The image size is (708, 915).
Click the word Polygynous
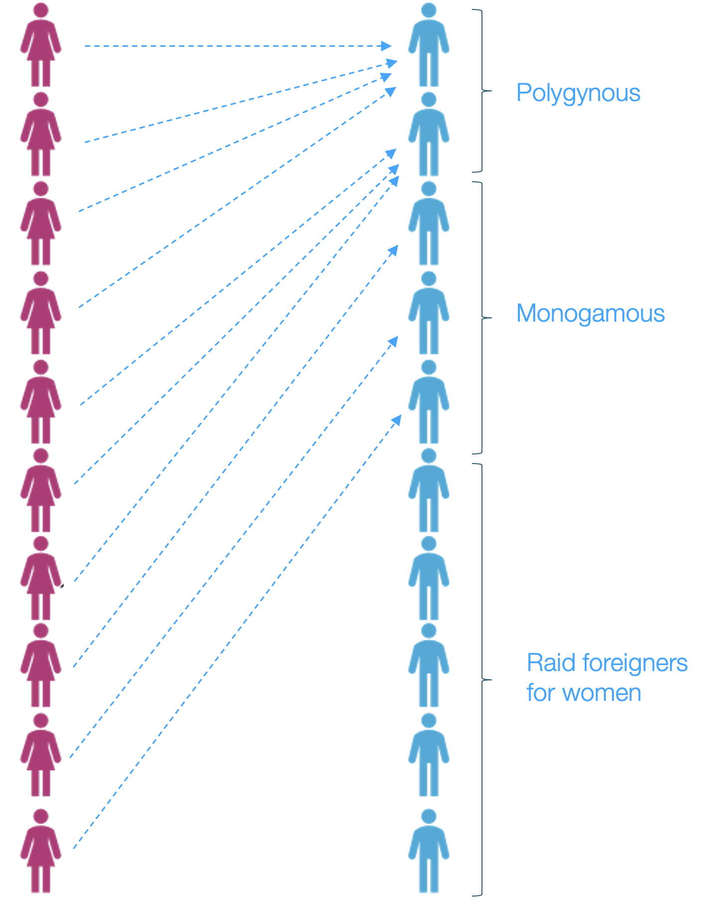578,93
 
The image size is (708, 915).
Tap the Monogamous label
590,314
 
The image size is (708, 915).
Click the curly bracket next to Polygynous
481,91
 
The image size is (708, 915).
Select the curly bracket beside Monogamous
481,318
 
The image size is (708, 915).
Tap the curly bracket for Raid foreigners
481,680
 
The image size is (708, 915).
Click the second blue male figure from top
429,134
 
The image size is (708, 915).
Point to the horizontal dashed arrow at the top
234,46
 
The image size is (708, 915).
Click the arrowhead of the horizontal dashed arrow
386,46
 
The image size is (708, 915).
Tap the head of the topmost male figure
429,10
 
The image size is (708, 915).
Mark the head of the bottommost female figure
41,816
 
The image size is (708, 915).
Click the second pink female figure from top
41,134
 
